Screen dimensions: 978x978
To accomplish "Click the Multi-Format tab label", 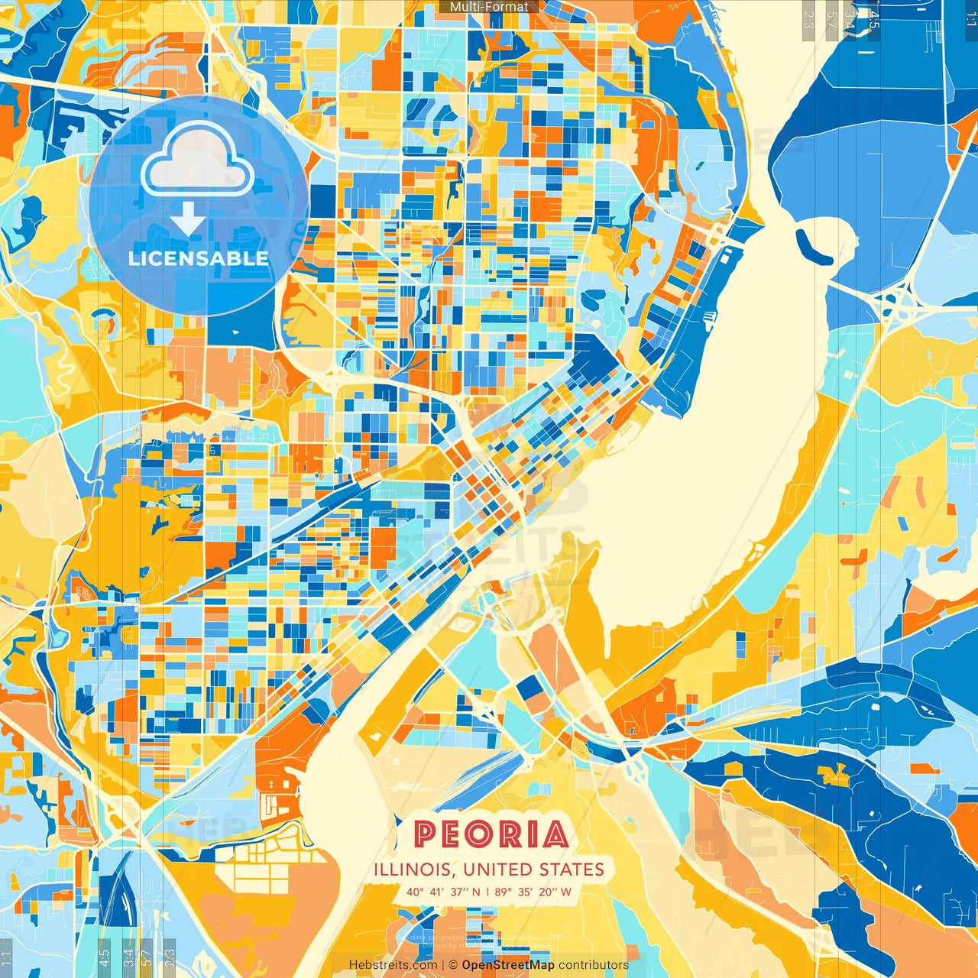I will point(489,7).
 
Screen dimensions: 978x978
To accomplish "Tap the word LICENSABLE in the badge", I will point(199,258).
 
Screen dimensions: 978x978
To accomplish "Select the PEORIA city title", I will point(491,834).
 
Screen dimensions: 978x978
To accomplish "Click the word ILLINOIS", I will point(413,870).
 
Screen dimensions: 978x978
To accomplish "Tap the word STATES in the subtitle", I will point(572,870).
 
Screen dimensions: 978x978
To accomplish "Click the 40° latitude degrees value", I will point(415,892).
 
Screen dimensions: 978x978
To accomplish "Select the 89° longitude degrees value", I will point(503,892).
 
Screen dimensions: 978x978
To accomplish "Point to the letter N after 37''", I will point(476,892).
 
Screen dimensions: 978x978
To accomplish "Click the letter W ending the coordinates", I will point(566,892).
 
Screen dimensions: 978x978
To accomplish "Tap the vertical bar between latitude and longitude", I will point(487,892).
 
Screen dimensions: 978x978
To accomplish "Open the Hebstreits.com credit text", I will point(393,965).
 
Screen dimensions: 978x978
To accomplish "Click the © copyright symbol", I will point(453,965).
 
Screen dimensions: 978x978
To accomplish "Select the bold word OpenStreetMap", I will point(508,965).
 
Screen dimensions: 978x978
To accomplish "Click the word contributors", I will point(594,965).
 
